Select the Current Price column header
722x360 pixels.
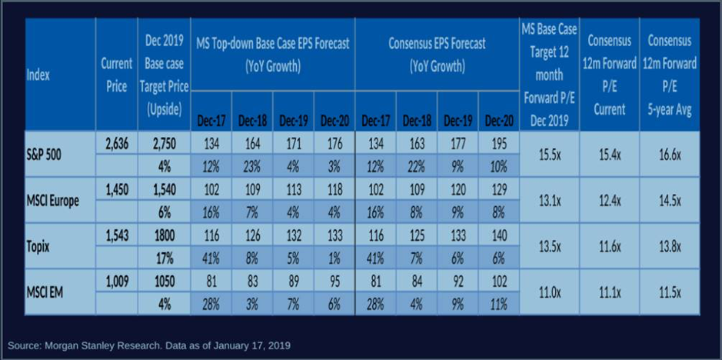coord(116,75)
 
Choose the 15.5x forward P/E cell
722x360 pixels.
coord(549,153)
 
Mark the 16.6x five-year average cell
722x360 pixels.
coord(669,153)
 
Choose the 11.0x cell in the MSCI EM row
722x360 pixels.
coord(549,292)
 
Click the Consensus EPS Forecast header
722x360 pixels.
coord(437,55)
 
